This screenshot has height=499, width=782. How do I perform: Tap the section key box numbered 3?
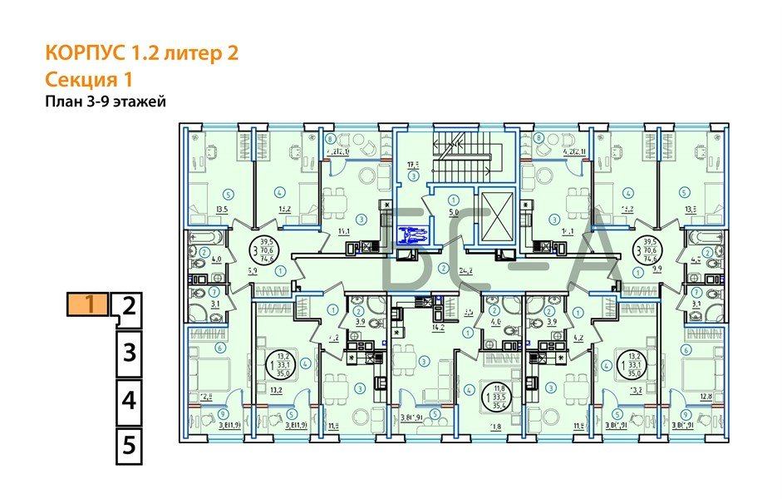coord(128,353)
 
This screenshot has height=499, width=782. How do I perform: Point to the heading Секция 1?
coord(89,80)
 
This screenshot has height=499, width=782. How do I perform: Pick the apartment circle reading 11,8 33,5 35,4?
coord(499,392)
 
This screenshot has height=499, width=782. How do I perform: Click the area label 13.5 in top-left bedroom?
coord(199,210)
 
